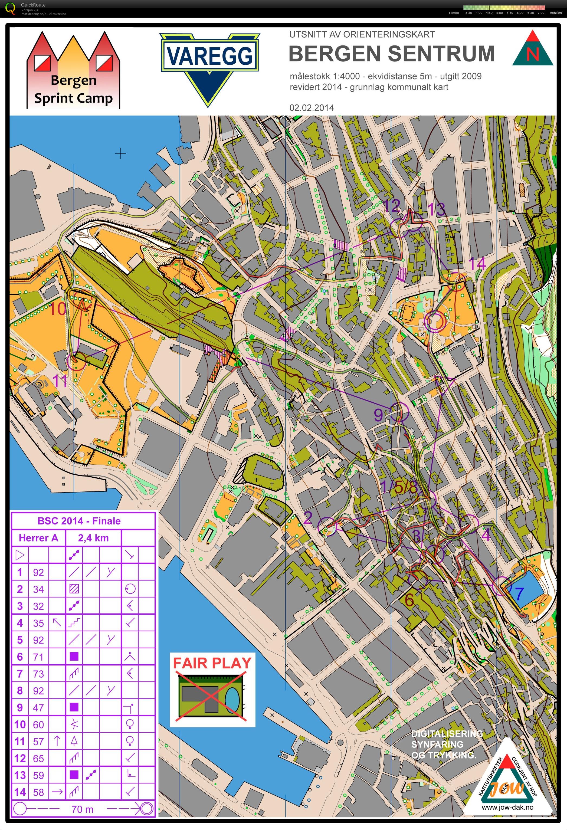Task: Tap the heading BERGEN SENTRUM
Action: click(392, 54)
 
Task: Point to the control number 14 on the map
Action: click(477, 264)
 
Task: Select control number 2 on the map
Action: click(308, 517)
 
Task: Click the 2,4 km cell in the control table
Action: click(93, 538)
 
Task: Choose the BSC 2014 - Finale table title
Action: click(79, 521)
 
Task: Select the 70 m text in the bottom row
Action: click(82, 809)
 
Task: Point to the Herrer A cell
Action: click(38, 538)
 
